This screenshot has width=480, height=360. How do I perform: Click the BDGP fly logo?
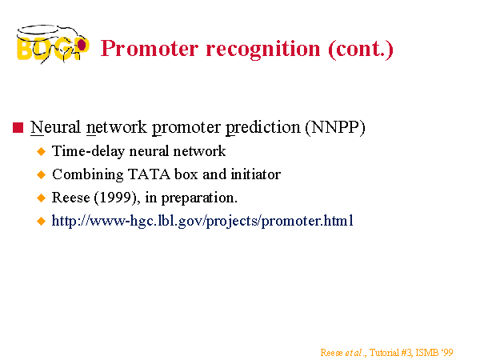(x=53, y=44)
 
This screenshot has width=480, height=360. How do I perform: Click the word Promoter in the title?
(x=150, y=48)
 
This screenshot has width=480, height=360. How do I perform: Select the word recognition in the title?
(x=263, y=49)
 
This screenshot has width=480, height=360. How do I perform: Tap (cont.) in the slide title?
(x=361, y=49)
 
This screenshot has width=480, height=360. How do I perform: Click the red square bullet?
(x=18, y=128)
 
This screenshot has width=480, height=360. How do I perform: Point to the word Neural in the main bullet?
(x=55, y=127)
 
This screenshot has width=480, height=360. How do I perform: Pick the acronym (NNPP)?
(x=335, y=127)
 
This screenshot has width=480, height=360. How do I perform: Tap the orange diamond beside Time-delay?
(x=41, y=151)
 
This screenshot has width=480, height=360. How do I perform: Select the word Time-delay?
(x=89, y=151)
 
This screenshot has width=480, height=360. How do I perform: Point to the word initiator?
(x=256, y=174)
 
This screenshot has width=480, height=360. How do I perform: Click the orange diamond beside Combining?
(x=41, y=174)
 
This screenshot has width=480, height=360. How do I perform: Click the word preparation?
(x=199, y=198)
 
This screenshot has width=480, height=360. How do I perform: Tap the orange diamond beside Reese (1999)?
(x=41, y=198)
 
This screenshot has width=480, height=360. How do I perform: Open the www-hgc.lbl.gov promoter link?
(x=202, y=221)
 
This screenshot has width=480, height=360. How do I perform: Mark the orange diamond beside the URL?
(x=41, y=221)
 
